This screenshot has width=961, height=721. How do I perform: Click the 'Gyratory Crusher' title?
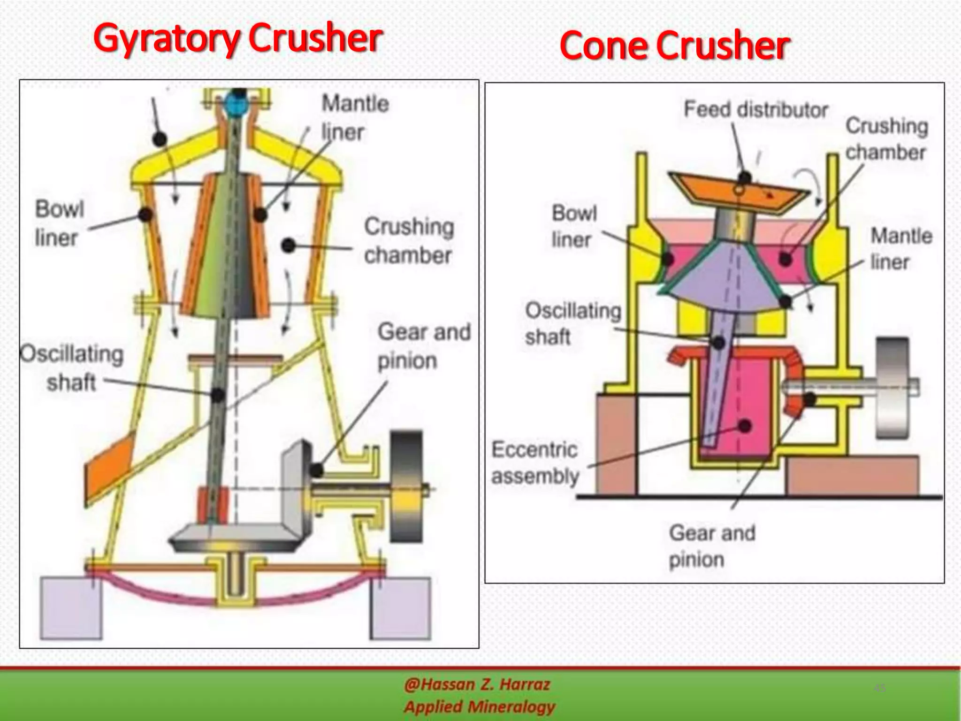click(x=238, y=39)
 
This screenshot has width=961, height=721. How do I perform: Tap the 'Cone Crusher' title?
click(x=674, y=46)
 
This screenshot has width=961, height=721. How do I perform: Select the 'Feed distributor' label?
click(x=755, y=110)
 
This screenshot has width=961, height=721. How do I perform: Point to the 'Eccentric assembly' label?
click(x=535, y=463)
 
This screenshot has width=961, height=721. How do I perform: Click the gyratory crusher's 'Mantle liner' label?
click(x=355, y=117)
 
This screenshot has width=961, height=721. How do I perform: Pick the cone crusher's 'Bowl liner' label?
click(x=574, y=226)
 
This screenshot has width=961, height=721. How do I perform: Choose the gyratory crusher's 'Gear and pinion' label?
click(x=424, y=346)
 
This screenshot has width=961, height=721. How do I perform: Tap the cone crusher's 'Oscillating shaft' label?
click(x=573, y=323)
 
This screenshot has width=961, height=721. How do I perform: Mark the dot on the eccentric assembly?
click(x=744, y=426)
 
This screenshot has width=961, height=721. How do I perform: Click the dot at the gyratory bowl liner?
click(x=145, y=215)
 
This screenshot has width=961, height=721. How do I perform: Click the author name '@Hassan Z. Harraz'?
click(x=477, y=685)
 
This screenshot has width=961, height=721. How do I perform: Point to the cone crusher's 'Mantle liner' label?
click(x=901, y=249)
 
